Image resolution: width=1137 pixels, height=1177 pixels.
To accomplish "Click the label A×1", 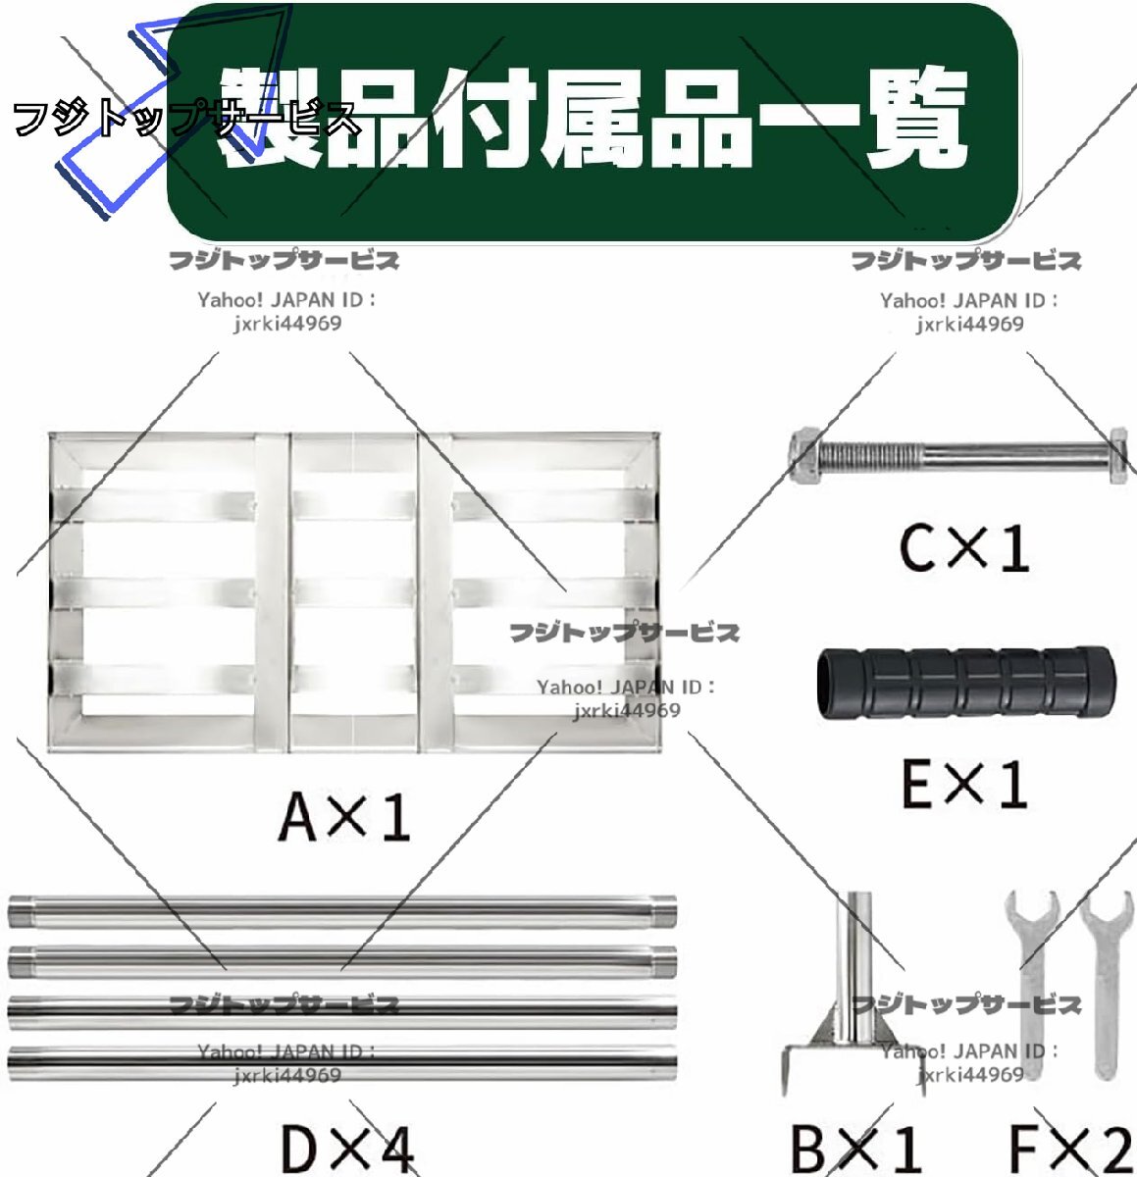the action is click(344, 816).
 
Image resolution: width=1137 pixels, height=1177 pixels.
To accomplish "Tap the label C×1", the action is click(963, 547).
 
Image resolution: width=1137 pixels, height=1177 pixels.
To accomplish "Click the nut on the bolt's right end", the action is click(1117, 453).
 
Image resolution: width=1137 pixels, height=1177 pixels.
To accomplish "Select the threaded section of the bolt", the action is click(869, 454).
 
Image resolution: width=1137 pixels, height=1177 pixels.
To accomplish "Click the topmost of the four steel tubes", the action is click(342, 910).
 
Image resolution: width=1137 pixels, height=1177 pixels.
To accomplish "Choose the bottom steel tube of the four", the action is click(342, 1062).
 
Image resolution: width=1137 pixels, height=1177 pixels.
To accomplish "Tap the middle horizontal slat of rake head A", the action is click(353, 591).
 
